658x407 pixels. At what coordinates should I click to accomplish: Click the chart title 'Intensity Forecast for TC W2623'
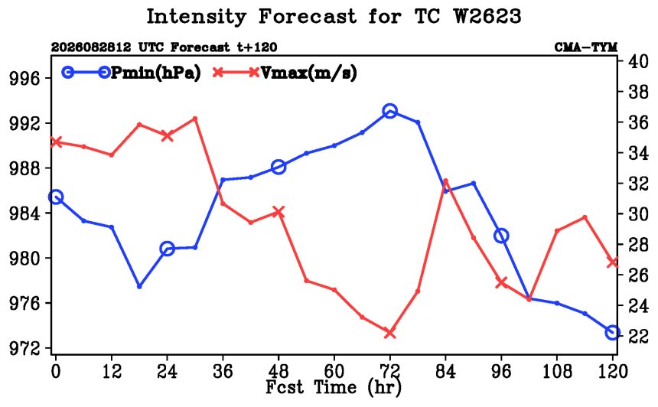point(334,17)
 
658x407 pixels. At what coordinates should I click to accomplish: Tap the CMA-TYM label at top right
point(586,47)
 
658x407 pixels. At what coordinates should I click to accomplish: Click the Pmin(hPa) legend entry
point(132,73)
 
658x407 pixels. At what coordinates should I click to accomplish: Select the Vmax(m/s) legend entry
point(285,73)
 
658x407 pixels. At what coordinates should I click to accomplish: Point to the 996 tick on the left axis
point(24,79)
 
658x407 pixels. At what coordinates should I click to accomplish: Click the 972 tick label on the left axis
point(24,348)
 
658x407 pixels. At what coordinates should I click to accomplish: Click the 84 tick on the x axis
point(445,371)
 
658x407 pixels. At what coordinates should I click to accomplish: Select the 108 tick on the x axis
point(557,371)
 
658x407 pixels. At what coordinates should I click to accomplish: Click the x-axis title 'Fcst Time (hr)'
point(334,387)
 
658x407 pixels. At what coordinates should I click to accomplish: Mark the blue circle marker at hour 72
point(390,111)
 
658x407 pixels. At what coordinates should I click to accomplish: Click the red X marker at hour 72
point(390,333)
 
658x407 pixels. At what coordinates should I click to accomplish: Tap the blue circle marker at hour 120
point(613,332)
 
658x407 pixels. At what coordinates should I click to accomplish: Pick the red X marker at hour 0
point(56,142)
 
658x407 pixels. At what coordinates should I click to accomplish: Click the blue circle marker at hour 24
point(167,249)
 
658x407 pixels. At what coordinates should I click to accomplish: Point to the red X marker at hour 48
point(279,212)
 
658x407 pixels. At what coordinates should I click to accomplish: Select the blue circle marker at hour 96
point(501,236)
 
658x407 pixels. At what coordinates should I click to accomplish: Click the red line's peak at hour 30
point(195,119)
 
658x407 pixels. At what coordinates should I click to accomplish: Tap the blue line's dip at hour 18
point(139,286)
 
